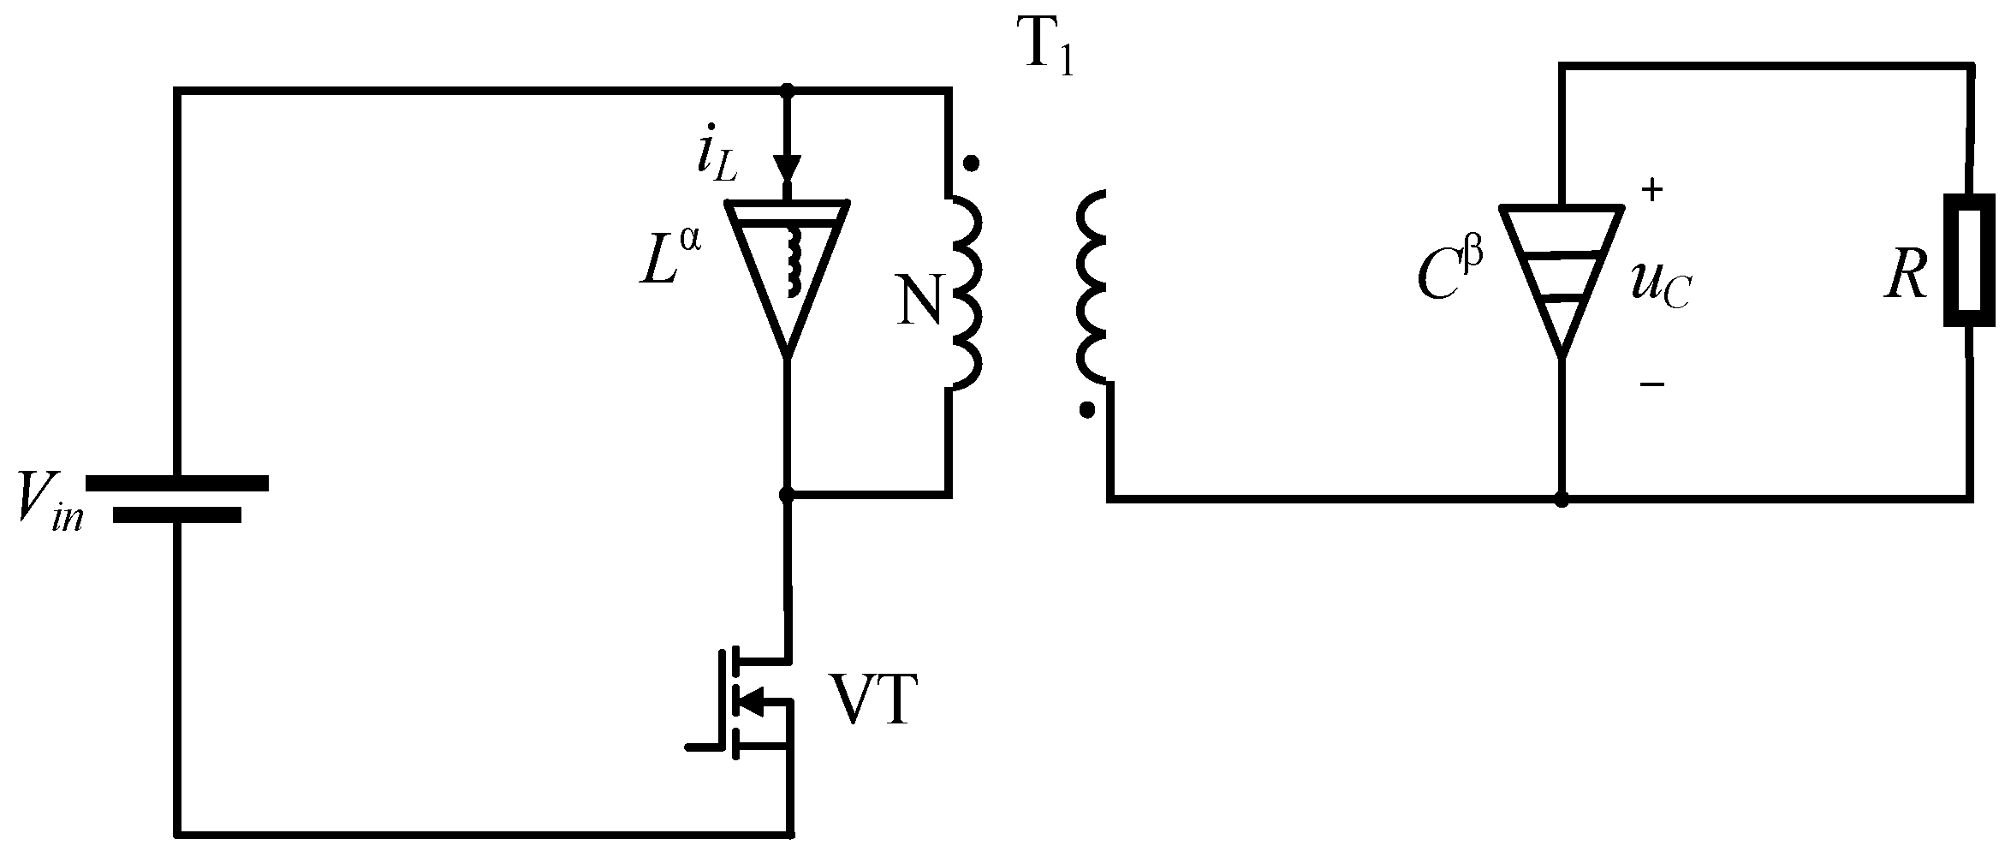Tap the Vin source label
tap(50, 505)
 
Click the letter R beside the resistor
tap(1906, 278)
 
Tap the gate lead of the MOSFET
tap(706, 747)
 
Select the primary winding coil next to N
tap(965, 291)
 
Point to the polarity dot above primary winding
tap(970, 163)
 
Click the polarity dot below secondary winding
tap(1087, 411)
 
